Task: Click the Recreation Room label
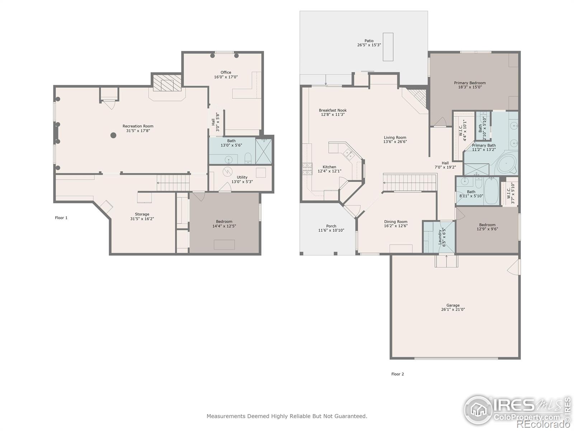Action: [x=138, y=126]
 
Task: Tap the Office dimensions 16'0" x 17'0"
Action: [x=226, y=77]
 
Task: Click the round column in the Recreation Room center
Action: [x=113, y=135]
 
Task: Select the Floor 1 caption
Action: [x=61, y=218]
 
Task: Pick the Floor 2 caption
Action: [x=397, y=374]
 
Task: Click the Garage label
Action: [x=453, y=305]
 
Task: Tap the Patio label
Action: [x=369, y=41]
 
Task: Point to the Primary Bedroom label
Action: [x=470, y=83]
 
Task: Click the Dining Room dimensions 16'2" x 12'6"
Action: [x=396, y=226]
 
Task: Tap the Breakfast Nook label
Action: [x=333, y=110]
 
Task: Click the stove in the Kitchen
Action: [x=307, y=169]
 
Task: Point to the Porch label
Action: [x=331, y=226]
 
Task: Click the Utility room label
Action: [x=242, y=177]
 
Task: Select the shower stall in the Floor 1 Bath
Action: [x=264, y=151]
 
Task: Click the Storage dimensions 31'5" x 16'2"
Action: [x=142, y=219]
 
